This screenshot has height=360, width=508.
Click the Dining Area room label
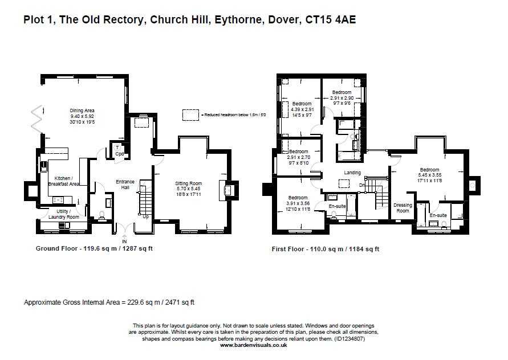coord(82,111)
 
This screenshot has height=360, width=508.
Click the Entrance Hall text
coord(125,185)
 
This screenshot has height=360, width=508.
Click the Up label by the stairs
coord(147,216)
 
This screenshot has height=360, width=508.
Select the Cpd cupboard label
coord(119,154)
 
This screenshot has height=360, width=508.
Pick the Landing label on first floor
coord(352,173)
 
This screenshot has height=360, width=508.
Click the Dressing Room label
coord(403,208)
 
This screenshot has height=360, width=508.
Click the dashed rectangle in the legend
coord(190,114)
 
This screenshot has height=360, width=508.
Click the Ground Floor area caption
coord(94,249)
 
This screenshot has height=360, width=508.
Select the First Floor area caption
coord(326,249)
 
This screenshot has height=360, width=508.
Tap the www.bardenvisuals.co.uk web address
coord(254,345)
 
